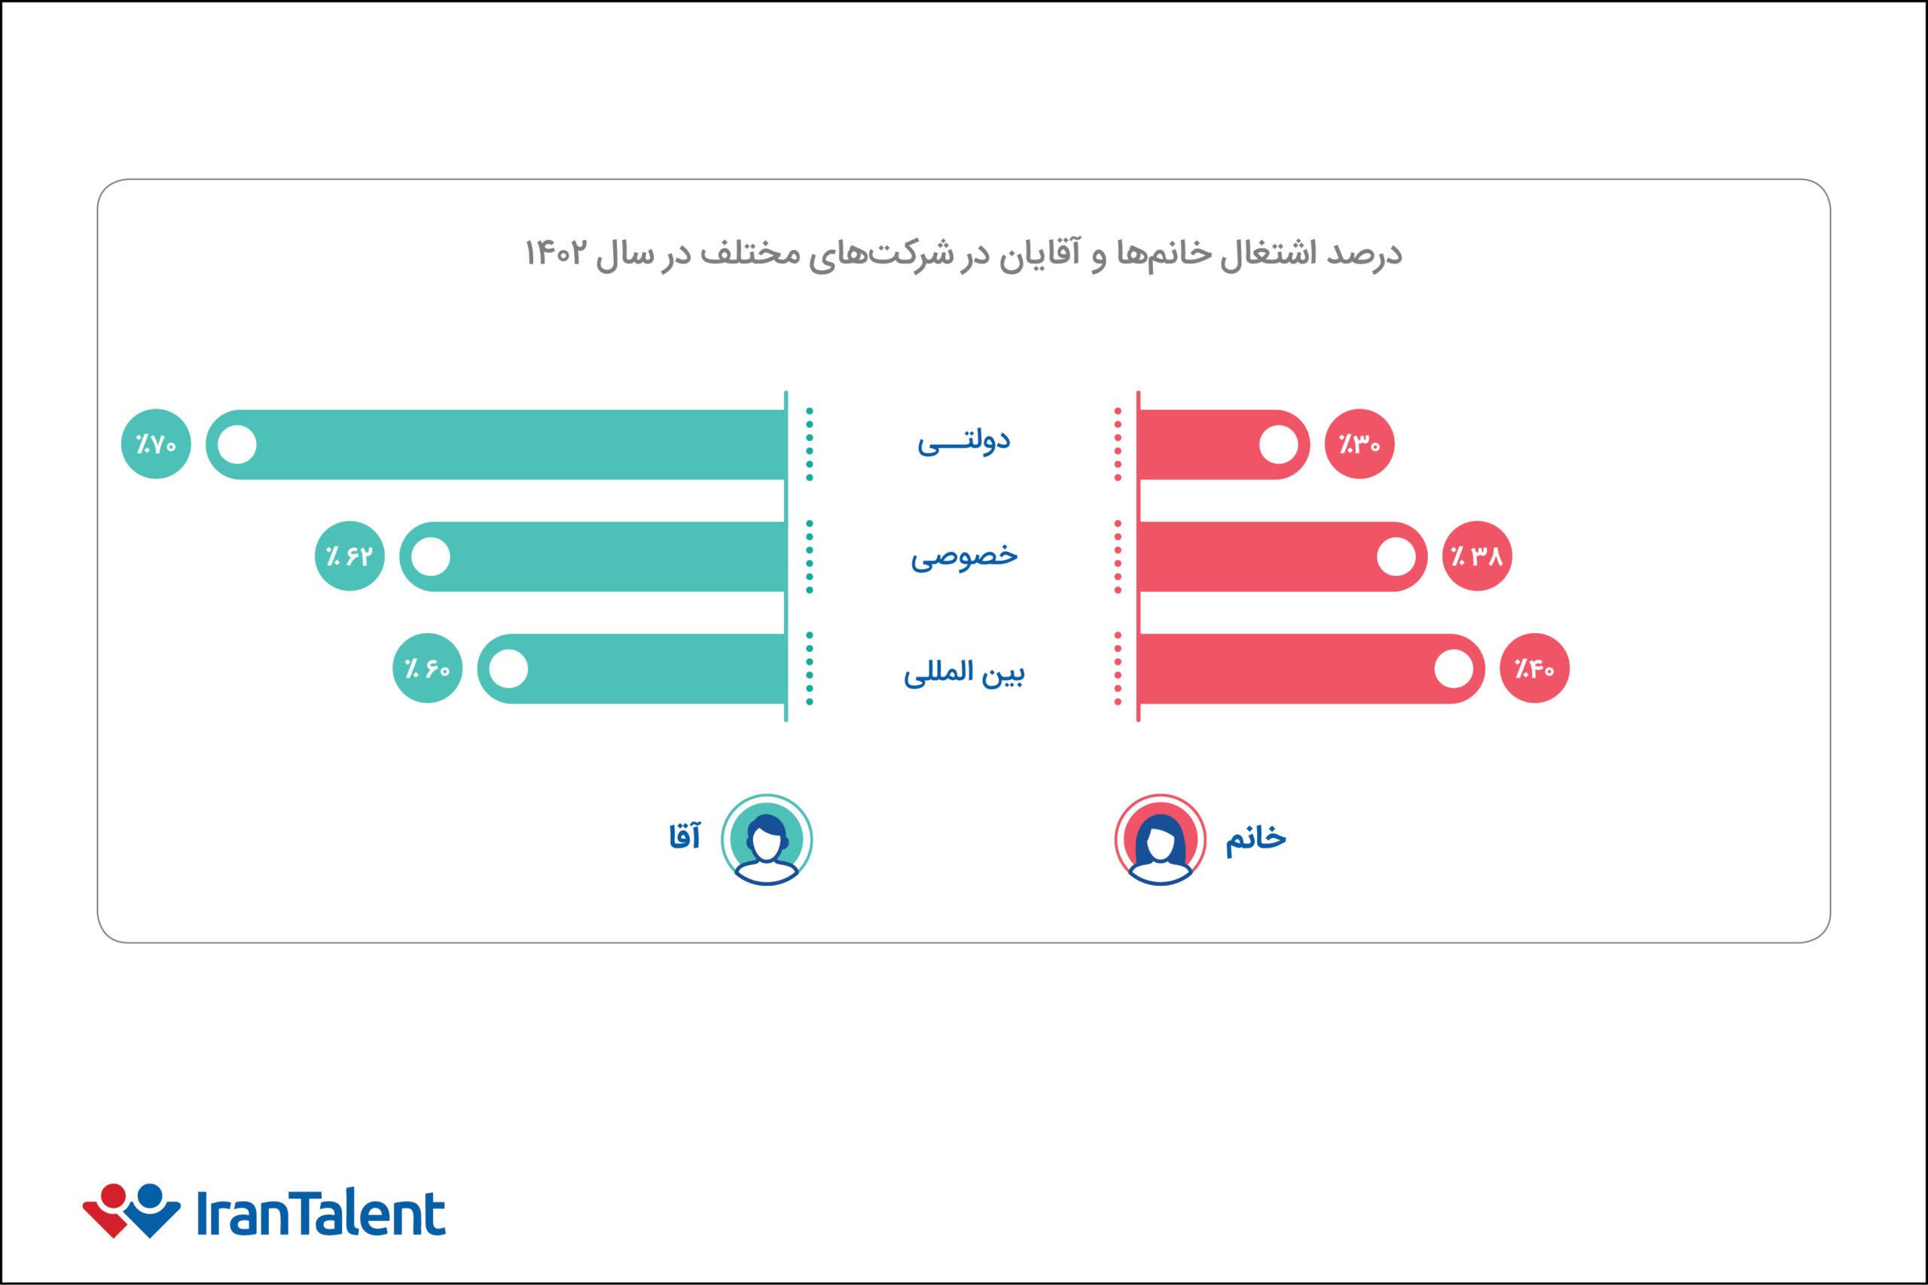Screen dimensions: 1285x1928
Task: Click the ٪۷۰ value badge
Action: pos(156,444)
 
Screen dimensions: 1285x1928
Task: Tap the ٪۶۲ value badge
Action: pos(349,556)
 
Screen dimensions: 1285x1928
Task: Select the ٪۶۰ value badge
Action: pos(427,668)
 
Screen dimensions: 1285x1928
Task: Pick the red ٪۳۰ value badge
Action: pos(1359,444)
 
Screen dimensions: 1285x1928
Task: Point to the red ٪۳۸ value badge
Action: pos(1476,556)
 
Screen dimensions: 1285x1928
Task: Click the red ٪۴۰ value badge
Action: pos(1533,668)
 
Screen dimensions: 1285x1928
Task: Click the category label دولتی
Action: pos(963,443)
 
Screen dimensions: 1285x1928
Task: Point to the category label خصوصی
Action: pos(964,556)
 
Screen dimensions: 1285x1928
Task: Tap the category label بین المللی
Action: pos(964,672)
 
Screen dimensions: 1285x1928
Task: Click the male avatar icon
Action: pos(767,840)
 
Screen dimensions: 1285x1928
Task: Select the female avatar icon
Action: pos(1160,840)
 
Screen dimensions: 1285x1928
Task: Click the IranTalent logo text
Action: pos(321,1213)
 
